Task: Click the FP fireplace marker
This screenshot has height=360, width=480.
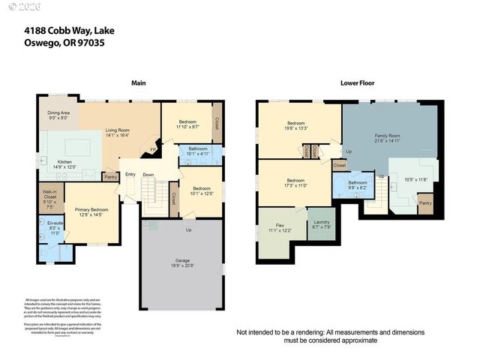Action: tap(154, 148)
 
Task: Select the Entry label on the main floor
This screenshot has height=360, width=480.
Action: tap(130, 175)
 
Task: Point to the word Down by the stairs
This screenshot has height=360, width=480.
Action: tap(149, 175)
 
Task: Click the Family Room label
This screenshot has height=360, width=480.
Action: tap(388, 136)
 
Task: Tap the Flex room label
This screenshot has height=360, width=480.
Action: tap(279, 225)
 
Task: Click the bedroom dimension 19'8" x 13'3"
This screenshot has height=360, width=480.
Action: tap(295, 128)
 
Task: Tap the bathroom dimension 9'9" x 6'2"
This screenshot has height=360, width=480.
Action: tap(357, 187)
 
